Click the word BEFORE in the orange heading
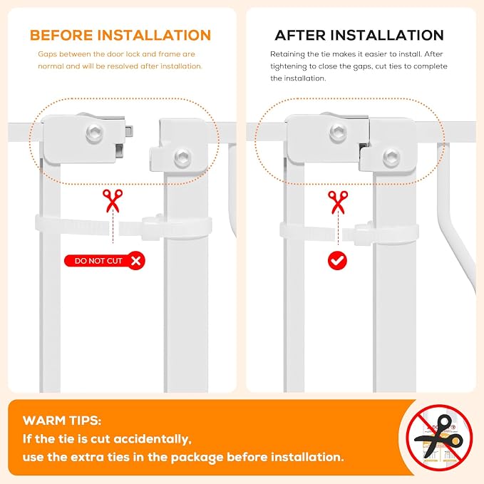pyautogui.click(x=61, y=35)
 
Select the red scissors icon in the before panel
pyautogui.click(x=113, y=200)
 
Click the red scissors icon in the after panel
pyautogui.click(x=338, y=202)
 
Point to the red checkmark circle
pyautogui.click(x=337, y=260)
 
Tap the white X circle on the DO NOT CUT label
pyautogui.click(x=136, y=261)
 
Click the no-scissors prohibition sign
pyautogui.click(x=439, y=438)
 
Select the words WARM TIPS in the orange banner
pyautogui.click(x=62, y=421)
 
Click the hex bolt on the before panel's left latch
pyautogui.click(x=95, y=133)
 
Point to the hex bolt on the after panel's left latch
pyautogui.click(x=338, y=133)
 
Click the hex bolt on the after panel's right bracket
pyautogui.click(x=392, y=157)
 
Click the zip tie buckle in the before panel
pyautogui.click(x=151, y=227)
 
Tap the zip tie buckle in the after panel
pyautogui.click(x=364, y=233)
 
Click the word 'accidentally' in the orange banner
pyautogui.click(x=153, y=440)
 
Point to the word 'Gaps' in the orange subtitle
pyautogui.click(x=47, y=55)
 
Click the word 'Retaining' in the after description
pyautogui.click(x=287, y=55)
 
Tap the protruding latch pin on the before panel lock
pyautogui.click(x=129, y=130)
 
